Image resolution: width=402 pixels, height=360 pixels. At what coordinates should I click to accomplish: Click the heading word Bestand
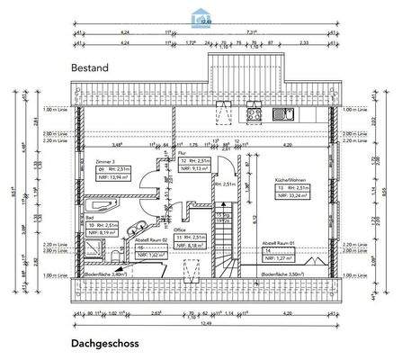coord(91,67)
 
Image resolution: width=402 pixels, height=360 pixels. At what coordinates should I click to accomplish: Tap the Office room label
coord(180,229)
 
